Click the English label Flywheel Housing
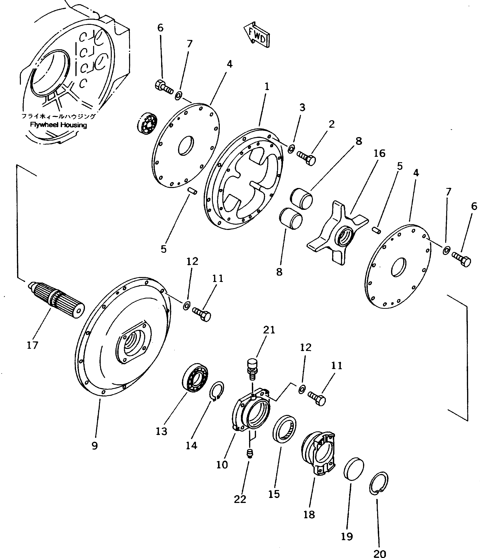pyautogui.click(x=58, y=125)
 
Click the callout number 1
pyautogui.click(x=267, y=86)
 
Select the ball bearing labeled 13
pyautogui.click(x=195, y=377)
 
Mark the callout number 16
pyautogui.click(x=380, y=153)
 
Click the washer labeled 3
pyautogui.click(x=291, y=149)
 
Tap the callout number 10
pyautogui.click(x=222, y=465)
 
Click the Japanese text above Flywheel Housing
pyautogui.click(x=58, y=116)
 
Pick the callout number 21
pyautogui.click(x=269, y=330)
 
